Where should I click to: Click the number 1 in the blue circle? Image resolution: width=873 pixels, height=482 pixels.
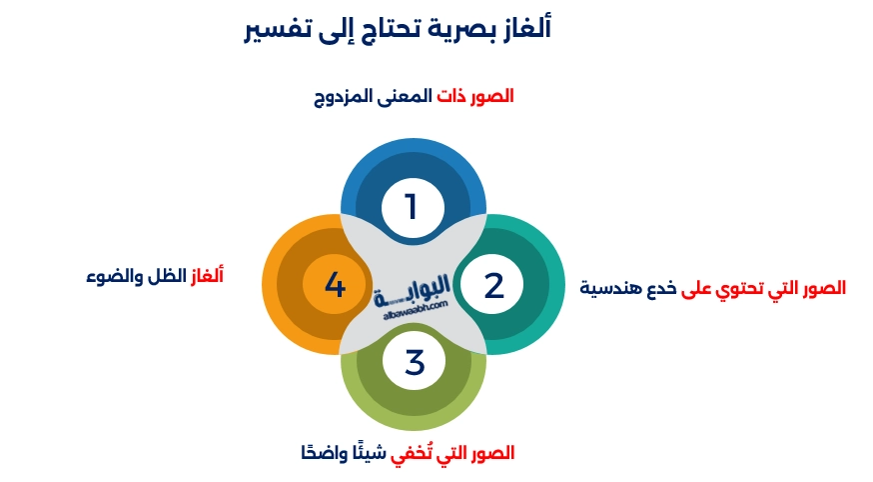point(411,207)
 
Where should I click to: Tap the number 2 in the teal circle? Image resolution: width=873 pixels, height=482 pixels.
point(493,286)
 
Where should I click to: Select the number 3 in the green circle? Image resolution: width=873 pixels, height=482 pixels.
point(415,361)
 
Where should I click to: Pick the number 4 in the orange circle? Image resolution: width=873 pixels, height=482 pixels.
point(335,287)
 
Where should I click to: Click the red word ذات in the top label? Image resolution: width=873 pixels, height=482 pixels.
point(450,97)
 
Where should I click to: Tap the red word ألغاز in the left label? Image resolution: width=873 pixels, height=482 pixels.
point(207,273)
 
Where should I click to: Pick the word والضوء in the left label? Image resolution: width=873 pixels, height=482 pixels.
point(114,273)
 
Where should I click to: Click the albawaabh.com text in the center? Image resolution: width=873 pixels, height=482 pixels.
point(416,310)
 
